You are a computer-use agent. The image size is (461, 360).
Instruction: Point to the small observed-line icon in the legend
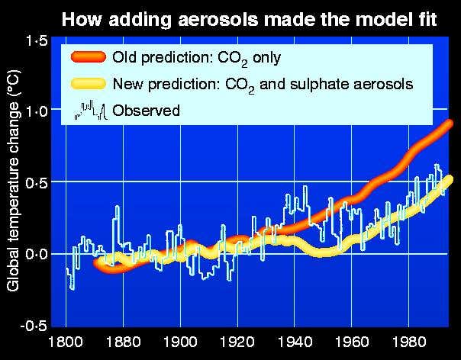(x=89, y=111)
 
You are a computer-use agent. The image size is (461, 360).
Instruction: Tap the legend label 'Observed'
(x=146, y=111)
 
